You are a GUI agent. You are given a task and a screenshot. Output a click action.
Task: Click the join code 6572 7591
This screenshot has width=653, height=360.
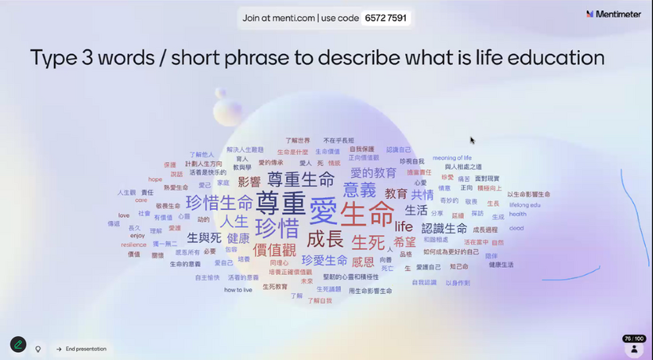coord(385,18)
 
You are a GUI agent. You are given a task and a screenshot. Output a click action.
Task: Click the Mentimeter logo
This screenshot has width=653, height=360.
coord(613,14)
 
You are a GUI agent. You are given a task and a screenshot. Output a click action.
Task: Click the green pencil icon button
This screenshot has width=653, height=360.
coord(17,345)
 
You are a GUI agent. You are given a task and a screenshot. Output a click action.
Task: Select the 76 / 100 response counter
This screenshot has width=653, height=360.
coord(633,339)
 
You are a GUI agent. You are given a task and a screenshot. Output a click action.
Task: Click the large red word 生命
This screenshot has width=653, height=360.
coord(367,213)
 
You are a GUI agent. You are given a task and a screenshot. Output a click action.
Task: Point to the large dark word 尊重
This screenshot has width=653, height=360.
coord(280,203)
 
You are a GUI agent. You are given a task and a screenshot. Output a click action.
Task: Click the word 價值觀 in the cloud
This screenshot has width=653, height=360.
coord(273,250)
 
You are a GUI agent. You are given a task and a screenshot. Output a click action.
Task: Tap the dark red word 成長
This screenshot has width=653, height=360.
coord(325,239)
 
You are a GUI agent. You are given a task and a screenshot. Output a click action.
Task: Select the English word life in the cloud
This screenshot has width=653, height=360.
coord(404,226)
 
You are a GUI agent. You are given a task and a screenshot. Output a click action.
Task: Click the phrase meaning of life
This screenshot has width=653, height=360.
coord(452,157)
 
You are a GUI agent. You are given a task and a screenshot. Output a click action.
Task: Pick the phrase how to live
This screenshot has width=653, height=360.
coord(238,290)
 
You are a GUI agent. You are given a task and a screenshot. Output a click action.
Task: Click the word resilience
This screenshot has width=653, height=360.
coord(133,245)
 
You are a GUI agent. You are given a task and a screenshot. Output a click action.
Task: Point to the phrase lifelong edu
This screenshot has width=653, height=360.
coord(524,204)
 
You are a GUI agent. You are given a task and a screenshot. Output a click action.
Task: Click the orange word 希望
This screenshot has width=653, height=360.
coord(404,242)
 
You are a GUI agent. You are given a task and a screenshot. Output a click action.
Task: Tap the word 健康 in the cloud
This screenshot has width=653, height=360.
coord(238,238)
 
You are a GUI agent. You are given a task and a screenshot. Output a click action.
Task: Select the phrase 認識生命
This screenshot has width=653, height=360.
coord(444,228)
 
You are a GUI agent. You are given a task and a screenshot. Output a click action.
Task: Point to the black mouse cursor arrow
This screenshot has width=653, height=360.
coord(472,141)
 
